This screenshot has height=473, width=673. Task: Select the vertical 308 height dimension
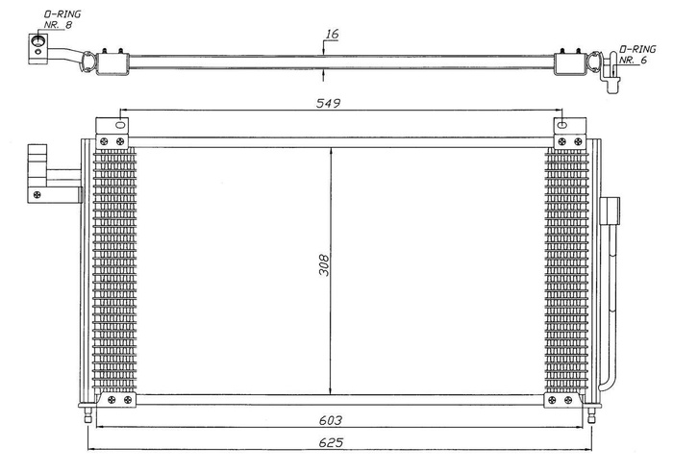324,265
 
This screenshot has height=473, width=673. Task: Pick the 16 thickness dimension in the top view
332,35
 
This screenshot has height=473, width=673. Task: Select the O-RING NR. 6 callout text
637,54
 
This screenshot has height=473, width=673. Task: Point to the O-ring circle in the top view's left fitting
38,41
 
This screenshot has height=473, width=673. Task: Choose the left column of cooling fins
115,269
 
